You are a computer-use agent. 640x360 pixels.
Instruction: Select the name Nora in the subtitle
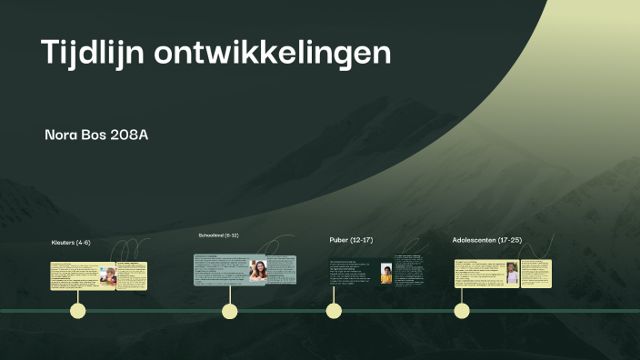[x=62, y=135]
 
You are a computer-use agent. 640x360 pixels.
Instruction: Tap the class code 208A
[x=128, y=135]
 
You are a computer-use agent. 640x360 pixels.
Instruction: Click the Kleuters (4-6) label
[x=71, y=243]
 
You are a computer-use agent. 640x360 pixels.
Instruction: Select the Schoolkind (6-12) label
[x=218, y=235]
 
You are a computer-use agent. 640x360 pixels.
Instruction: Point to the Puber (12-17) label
[x=351, y=240]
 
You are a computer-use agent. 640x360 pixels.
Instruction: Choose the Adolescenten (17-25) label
[x=486, y=240]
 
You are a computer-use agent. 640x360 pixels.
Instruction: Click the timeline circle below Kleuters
[x=78, y=311]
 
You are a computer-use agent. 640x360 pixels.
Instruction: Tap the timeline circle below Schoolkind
[x=230, y=311]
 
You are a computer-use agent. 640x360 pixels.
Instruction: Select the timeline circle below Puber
[x=334, y=311]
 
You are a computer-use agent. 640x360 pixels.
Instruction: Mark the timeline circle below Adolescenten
[x=462, y=311]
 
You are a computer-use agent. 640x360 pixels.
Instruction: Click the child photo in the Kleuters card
[x=108, y=275]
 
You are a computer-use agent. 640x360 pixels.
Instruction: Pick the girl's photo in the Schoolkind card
[x=258, y=271]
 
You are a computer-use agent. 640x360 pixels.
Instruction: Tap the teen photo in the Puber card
[x=386, y=274]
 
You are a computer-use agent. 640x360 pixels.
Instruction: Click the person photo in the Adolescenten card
[x=513, y=274]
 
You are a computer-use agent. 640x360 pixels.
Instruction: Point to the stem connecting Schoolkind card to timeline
[x=230, y=295]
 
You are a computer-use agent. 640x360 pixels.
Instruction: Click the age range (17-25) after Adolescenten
[x=509, y=240]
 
